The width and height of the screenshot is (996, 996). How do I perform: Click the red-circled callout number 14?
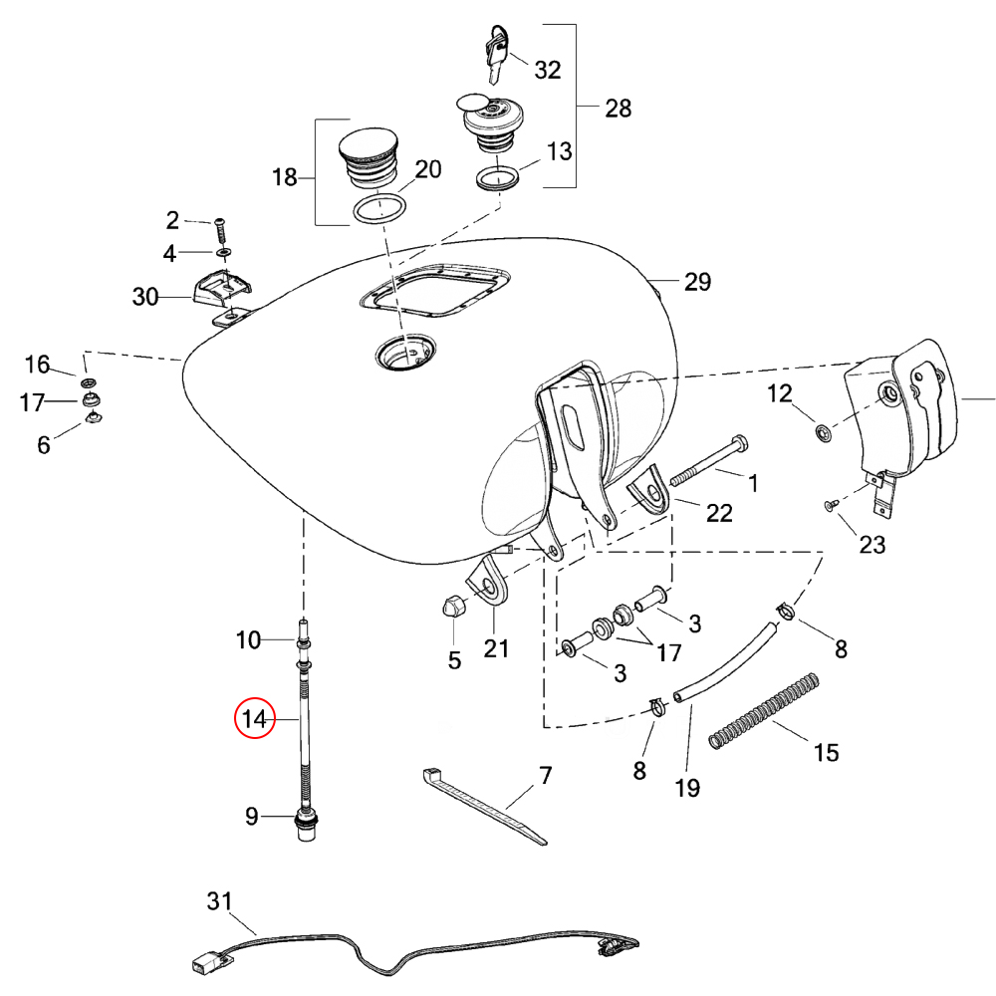tap(256, 719)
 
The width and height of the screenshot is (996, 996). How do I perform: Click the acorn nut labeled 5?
tap(450, 606)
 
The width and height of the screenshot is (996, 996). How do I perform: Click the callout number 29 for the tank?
tap(697, 282)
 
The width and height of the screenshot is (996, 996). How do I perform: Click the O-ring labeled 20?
tap(379, 209)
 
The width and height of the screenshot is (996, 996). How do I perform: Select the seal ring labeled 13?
tap(495, 179)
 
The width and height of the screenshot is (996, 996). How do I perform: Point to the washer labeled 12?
tap(823, 433)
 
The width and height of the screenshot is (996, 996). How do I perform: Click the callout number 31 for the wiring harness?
tap(219, 901)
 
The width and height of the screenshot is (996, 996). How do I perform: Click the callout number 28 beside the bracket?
tap(619, 109)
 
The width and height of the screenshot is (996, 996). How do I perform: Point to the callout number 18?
tap(285, 177)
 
